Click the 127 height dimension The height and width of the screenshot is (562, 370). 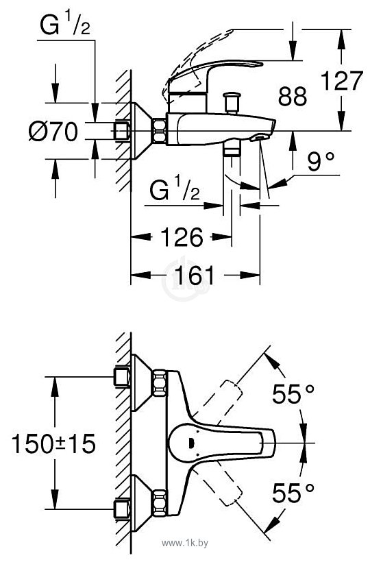pos(341,81)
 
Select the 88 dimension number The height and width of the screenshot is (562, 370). pos(293,96)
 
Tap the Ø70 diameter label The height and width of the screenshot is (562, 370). pos(53,131)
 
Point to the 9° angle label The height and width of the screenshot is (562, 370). pos(321,162)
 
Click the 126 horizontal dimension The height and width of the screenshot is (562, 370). pos(182,237)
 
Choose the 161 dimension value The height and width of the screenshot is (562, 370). pos(194,276)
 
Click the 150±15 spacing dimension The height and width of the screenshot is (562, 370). pos(53,443)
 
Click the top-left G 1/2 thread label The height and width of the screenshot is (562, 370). pos(65,25)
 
